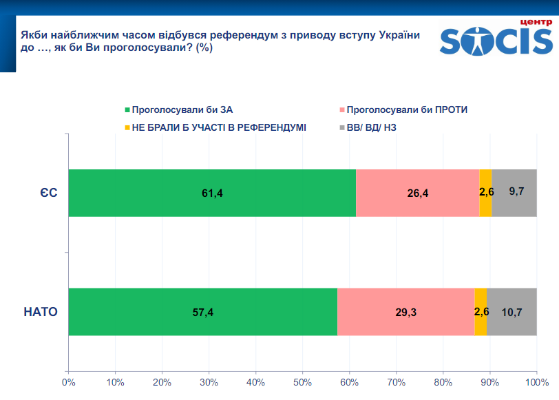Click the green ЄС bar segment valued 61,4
tap(212, 193)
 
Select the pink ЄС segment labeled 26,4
tap(417, 193)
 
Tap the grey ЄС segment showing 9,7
tap(514, 193)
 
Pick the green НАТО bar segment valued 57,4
tap(203, 312)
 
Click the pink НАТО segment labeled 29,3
tap(405, 312)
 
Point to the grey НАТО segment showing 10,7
tap(511, 312)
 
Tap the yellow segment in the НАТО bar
tap(481, 312)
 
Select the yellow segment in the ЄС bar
tap(485, 193)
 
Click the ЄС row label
tap(48, 193)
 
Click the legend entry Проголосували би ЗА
tap(178, 109)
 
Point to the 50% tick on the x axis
tap(302, 382)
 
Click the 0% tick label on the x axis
tap(68, 382)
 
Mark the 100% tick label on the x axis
tap(536, 382)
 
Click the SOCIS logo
tap(496, 43)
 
